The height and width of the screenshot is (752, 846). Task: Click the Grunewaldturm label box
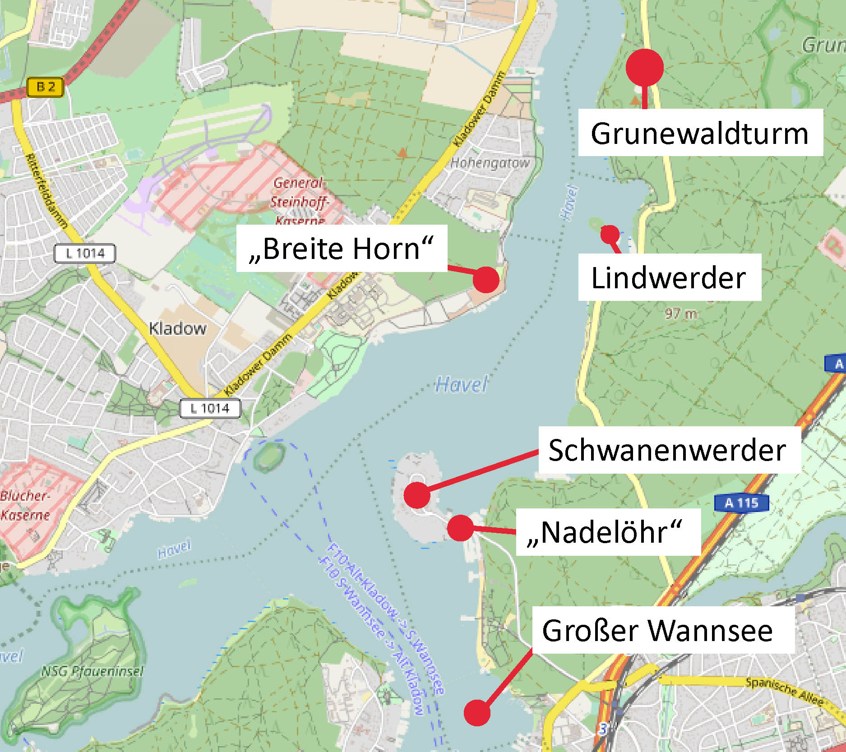click(700, 133)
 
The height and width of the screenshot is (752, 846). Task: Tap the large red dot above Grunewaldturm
click(645, 67)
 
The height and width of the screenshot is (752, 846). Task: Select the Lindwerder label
click(669, 277)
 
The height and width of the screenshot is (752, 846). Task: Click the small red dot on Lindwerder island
click(610, 234)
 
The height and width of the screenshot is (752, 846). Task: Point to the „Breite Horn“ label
click(342, 248)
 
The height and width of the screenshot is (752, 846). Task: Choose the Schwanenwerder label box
click(669, 450)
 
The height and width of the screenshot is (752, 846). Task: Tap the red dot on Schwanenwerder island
click(416, 495)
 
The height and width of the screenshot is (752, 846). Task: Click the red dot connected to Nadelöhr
click(460, 527)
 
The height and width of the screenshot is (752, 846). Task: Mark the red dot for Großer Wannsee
click(477, 713)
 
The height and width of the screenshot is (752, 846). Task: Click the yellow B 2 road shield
click(45, 87)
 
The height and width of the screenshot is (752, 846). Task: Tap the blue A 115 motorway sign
click(741, 503)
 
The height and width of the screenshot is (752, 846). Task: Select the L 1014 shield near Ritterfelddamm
click(84, 253)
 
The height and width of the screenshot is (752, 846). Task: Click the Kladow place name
click(178, 328)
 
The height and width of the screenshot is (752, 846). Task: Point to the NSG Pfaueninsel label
click(92, 671)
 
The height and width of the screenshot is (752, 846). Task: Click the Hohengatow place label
click(490, 163)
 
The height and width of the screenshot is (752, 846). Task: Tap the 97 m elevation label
click(681, 313)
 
